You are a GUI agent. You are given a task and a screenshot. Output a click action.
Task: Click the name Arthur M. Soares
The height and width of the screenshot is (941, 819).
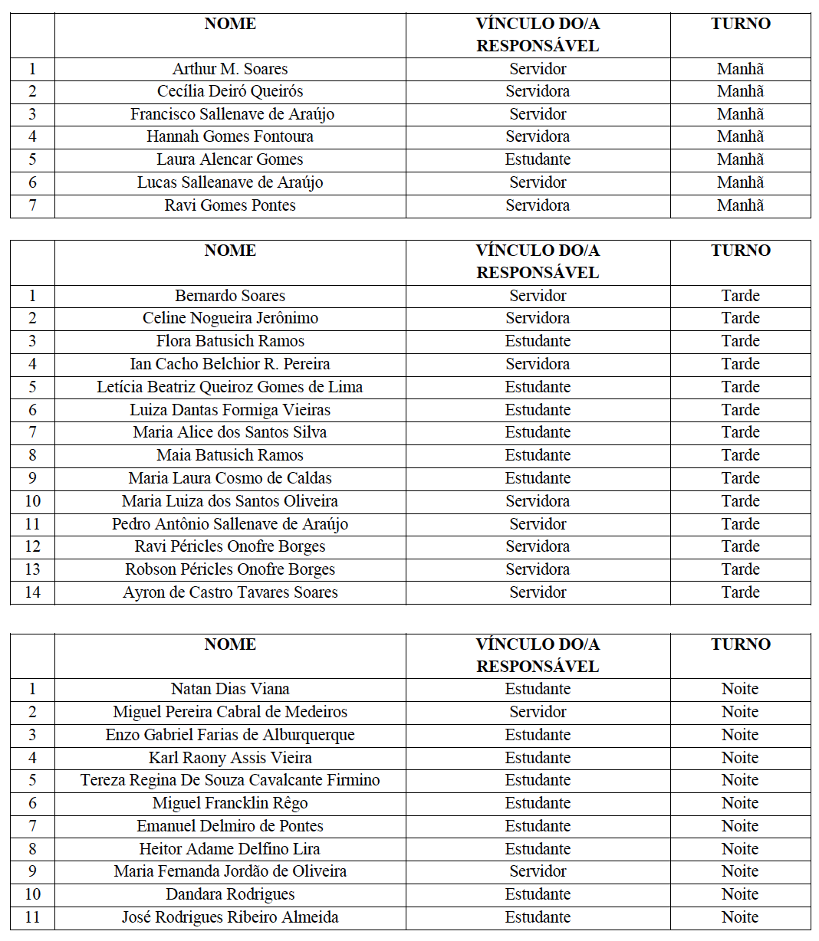click(x=230, y=69)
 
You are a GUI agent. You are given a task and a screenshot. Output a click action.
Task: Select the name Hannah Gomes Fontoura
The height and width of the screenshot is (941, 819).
click(x=230, y=137)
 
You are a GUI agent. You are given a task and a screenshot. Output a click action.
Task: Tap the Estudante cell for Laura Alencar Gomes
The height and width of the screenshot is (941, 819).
click(x=538, y=160)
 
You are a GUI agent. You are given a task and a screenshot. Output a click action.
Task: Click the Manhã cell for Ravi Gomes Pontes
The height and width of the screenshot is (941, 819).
click(x=740, y=205)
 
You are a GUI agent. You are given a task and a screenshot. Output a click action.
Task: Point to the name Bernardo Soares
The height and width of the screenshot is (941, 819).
click(x=230, y=296)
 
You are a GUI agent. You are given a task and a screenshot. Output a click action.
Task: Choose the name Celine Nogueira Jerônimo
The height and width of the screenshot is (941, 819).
click(x=230, y=318)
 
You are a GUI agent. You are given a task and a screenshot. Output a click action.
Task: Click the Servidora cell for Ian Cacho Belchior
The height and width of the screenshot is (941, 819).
click(x=538, y=364)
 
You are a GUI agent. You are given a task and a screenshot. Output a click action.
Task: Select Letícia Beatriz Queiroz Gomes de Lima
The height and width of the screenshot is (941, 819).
click(x=230, y=387)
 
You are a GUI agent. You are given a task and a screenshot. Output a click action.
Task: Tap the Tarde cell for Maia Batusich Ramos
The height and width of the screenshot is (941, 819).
click(x=740, y=455)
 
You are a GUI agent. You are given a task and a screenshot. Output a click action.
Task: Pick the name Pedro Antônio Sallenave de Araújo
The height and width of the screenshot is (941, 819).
click(x=230, y=524)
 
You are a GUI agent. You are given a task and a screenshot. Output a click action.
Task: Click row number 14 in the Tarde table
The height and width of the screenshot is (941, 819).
click(x=32, y=592)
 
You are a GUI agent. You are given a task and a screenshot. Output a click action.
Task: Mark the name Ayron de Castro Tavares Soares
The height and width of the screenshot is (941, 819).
click(x=230, y=592)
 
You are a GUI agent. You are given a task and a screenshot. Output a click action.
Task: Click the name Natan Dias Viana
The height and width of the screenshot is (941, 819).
click(x=230, y=689)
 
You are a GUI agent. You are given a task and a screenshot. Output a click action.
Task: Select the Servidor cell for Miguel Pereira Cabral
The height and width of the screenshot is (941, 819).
click(x=538, y=712)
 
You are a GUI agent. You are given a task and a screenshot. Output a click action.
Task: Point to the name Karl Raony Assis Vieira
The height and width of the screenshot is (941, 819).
click(x=230, y=758)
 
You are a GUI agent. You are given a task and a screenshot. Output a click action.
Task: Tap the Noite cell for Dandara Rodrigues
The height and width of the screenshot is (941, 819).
click(x=740, y=894)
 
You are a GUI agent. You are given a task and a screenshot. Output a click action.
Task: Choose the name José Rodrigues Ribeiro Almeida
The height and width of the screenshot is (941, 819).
click(x=230, y=917)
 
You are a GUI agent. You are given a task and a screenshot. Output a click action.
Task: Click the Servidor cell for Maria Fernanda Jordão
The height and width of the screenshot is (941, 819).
click(x=538, y=871)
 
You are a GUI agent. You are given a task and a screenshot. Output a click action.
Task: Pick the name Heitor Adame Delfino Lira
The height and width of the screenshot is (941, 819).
click(x=230, y=849)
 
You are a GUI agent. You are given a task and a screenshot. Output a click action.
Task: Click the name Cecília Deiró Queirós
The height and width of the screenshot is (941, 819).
click(x=230, y=91)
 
